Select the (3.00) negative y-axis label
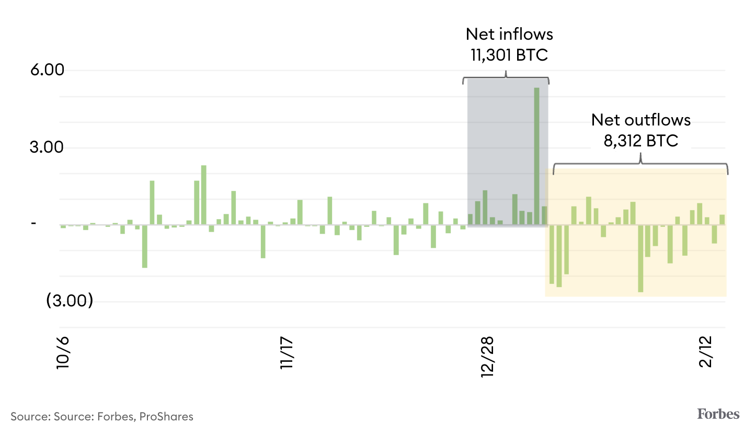pyautogui.click(x=70, y=302)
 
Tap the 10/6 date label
pyautogui.click(x=63, y=354)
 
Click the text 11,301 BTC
pyautogui.click(x=509, y=55)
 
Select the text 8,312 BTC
pyautogui.click(x=641, y=140)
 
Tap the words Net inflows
pyautogui.click(x=509, y=35)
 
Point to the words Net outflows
pyautogui.click(x=641, y=120)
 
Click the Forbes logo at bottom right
pyautogui.click(x=718, y=414)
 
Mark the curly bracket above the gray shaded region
pyautogui.click(x=506, y=79)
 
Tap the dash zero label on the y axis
pyautogui.click(x=34, y=224)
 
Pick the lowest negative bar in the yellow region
pyautogui.click(x=640, y=258)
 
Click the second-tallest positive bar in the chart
pyautogui.click(x=204, y=195)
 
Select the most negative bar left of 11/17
pyautogui.click(x=145, y=246)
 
